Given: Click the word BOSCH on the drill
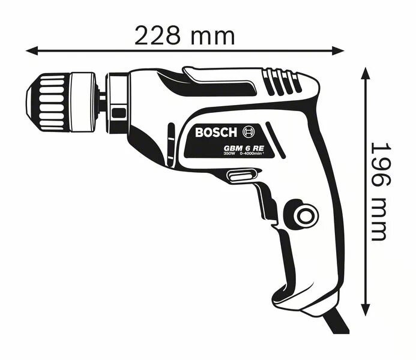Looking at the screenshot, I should (x=217, y=131).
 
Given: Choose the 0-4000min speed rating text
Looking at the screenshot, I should (x=253, y=154).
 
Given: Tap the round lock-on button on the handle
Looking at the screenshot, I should (x=304, y=214).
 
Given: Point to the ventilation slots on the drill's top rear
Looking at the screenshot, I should (x=283, y=83).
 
